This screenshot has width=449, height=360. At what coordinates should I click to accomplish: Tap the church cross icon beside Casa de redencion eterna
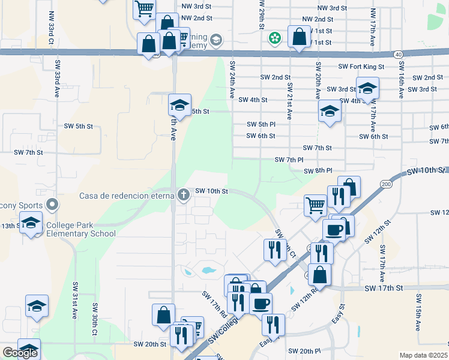184,194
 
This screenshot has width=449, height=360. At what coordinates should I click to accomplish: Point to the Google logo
20,353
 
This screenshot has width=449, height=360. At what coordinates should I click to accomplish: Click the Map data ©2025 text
423,355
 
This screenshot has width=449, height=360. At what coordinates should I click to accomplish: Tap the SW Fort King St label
361,67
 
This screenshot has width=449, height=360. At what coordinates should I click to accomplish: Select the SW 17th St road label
384,289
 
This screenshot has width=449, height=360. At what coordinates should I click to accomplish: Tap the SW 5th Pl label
261,124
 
